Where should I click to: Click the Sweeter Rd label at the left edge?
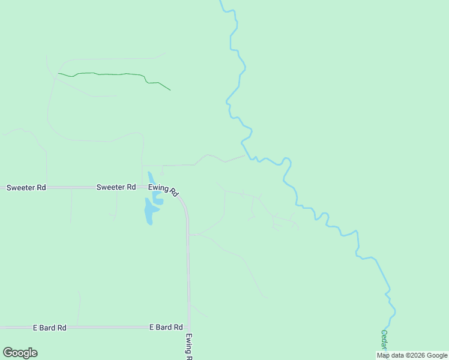26,188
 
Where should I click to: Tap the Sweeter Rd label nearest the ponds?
116,187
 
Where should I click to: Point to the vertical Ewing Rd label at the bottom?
188,346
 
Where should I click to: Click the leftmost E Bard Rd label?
49,328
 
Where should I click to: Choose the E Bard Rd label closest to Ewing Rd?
166,328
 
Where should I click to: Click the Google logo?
20,353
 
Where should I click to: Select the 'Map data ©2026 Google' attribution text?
412,355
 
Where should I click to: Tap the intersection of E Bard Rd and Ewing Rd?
188,327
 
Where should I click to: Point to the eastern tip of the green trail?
170,90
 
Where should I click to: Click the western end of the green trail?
58,74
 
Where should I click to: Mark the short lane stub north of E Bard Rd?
79,306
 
